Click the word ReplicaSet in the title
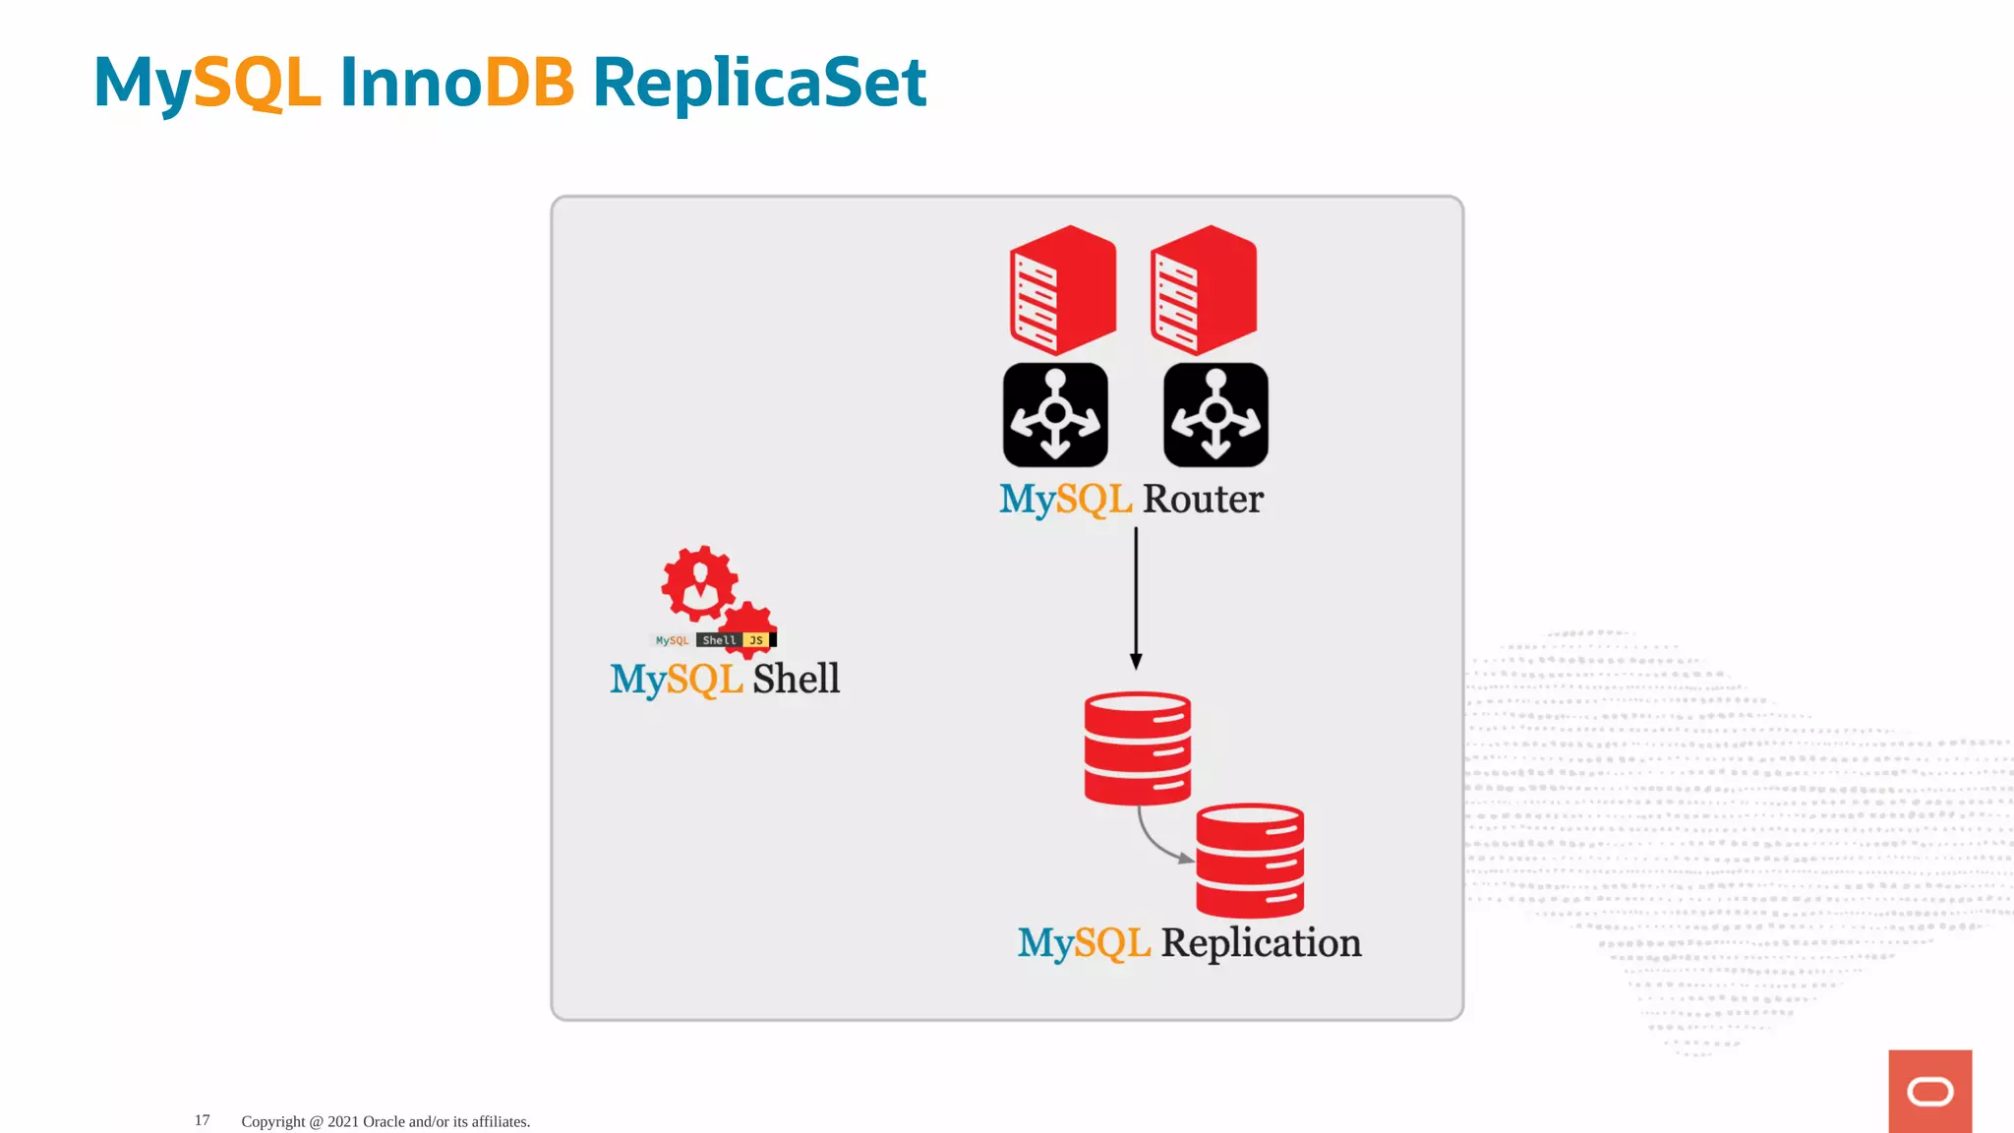pyautogui.click(x=758, y=83)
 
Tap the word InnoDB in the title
pyautogui.click(x=456, y=83)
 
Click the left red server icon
pyautogui.click(x=1062, y=290)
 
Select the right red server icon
pyautogui.click(x=1203, y=290)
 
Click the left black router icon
pyautogui.click(x=1055, y=415)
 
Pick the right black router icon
pyautogui.click(x=1215, y=415)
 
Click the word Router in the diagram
pyautogui.click(x=1203, y=500)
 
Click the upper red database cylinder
pyautogui.click(x=1138, y=748)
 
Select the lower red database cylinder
pyautogui.click(x=1250, y=861)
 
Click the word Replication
pyautogui.click(x=1261, y=943)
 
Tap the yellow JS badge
pyautogui.click(x=755, y=640)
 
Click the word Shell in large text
pyautogui.click(x=797, y=679)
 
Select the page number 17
pyautogui.click(x=202, y=1120)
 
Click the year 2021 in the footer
pyautogui.click(x=343, y=1121)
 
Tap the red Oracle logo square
pyautogui.click(x=1929, y=1091)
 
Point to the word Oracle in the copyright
pyautogui.click(x=384, y=1121)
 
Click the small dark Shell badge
pyautogui.click(x=719, y=640)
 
